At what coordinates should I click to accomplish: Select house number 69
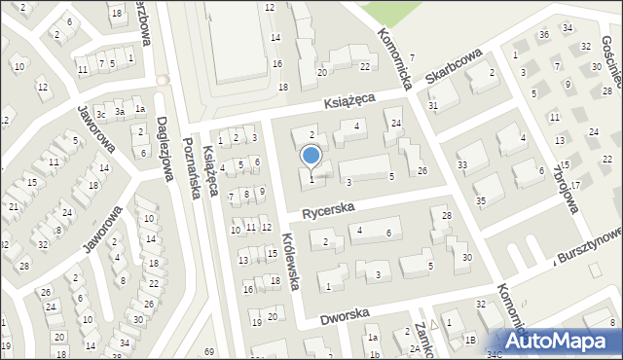coord(208,350)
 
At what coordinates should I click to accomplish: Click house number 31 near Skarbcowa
coord(433,105)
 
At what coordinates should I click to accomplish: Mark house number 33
coord(462,164)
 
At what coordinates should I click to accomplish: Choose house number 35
coord(481,200)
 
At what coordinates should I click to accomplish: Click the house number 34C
coord(495,355)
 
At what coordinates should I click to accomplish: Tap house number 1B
coord(469,339)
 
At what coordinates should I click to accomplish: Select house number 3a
coord(121,112)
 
